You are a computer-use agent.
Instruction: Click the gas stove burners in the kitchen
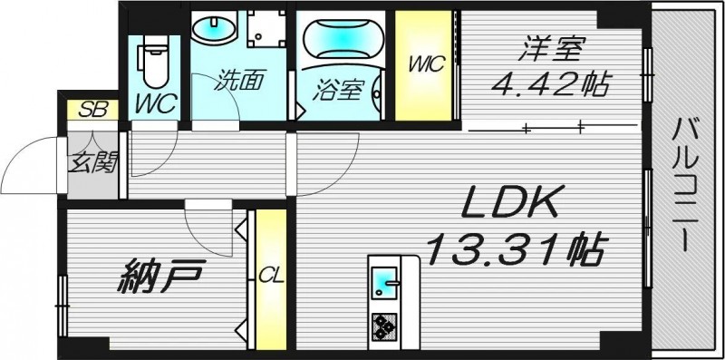point(382,325)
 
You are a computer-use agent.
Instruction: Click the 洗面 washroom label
point(238,81)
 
